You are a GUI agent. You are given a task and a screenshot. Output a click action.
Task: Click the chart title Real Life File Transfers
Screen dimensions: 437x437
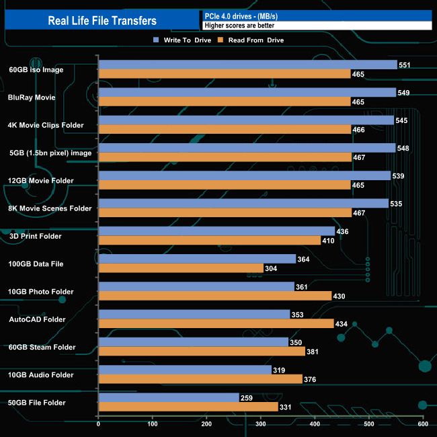[102, 21]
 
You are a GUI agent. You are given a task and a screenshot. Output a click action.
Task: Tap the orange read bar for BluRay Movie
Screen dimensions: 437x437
[225, 102]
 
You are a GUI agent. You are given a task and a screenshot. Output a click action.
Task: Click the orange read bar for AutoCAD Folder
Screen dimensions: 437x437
[216, 324]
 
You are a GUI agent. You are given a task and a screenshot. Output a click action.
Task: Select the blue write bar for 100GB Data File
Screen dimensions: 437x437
[197, 259]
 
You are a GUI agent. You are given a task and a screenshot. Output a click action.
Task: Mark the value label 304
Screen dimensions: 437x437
[273, 268]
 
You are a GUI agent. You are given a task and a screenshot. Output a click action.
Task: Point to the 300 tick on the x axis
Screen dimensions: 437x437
[261, 424]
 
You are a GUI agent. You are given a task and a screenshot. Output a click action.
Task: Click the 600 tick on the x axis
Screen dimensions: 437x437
[422, 424]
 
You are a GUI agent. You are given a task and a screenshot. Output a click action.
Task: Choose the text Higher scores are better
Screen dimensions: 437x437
[239, 26]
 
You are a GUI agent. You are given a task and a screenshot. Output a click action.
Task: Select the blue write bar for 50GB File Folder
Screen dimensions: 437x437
[169, 397]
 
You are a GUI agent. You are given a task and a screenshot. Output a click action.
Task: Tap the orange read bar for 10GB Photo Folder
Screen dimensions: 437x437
[215, 296]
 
